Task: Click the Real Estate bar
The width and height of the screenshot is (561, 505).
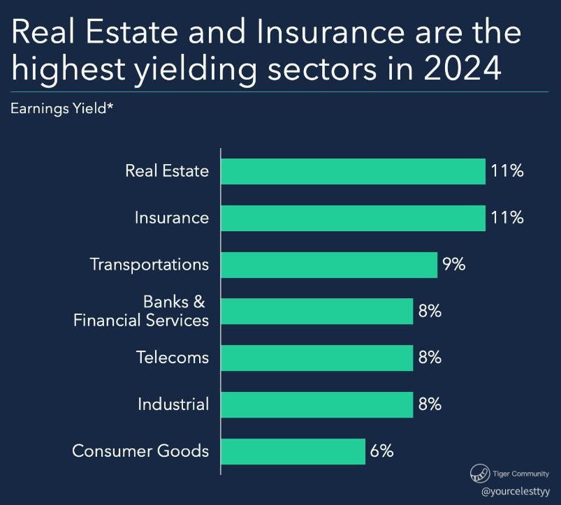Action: pos(353,171)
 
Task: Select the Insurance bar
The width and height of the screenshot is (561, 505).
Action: pos(353,218)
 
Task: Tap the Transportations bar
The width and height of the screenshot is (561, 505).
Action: pos(329,265)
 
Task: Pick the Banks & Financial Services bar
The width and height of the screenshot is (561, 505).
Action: pos(317,312)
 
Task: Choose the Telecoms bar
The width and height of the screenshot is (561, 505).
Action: pos(317,358)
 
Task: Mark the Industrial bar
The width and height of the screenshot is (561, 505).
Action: pos(317,405)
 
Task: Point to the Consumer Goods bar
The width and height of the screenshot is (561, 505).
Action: pos(293,451)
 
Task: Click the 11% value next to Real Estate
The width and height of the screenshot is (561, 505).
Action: pos(507,171)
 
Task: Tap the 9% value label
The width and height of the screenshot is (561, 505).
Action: pos(453,265)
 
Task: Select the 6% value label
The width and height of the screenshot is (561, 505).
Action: pos(381,451)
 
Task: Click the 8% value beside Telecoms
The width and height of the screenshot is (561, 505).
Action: pos(430,358)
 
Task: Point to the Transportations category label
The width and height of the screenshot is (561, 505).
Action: pos(150,265)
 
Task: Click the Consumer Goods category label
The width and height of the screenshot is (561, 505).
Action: pos(140,451)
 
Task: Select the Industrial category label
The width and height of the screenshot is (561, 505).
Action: pos(173,404)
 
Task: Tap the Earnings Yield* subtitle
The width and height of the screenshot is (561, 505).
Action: pos(62,109)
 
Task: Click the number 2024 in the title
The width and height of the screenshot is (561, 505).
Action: pos(462,68)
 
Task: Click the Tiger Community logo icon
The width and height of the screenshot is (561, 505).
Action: pos(480,473)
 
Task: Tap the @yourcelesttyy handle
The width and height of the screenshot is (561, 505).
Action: pos(516,492)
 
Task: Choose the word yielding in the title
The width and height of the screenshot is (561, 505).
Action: pos(196,71)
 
